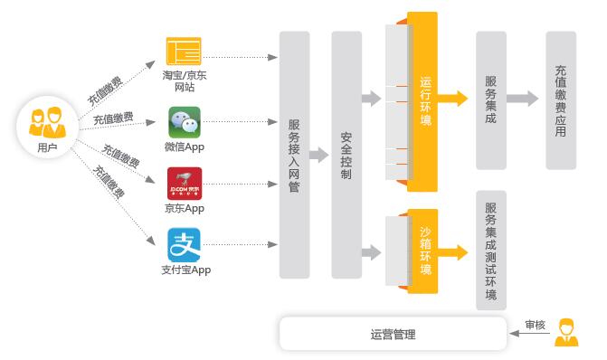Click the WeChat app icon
click(x=185, y=122)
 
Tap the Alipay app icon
click(x=184, y=245)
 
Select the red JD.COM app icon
click(x=185, y=184)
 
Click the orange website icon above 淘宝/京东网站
click(x=184, y=51)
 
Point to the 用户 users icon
click(x=47, y=123)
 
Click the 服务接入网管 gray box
click(x=294, y=155)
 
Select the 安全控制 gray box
click(x=346, y=155)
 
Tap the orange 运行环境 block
click(x=422, y=101)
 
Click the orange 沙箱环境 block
click(x=422, y=251)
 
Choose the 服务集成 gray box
click(x=491, y=100)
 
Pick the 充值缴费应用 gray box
click(x=561, y=100)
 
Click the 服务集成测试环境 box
click(x=491, y=250)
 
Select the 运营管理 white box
click(x=393, y=334)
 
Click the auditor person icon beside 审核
click(x=566, y=332)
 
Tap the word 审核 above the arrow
click(x=536, y=325)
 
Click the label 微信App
click(x=185, y=147)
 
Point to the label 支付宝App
click(x=185, y=270)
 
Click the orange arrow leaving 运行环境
click(x=452, y=99)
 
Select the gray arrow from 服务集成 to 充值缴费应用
click(x=522, y=99)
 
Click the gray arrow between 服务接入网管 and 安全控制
click(x=319, y=155)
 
